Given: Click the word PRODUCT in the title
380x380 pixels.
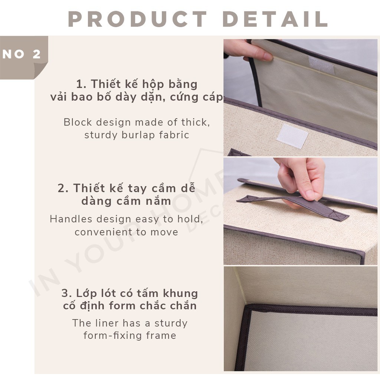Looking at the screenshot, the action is (137, 19).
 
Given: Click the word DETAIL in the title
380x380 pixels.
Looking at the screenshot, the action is (275, 19).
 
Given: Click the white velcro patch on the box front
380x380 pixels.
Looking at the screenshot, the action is (292, 137).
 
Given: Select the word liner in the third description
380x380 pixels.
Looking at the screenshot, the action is (106, 323).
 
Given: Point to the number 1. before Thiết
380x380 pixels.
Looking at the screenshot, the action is (81, 84).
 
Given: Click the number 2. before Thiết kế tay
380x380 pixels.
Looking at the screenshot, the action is (63, 188).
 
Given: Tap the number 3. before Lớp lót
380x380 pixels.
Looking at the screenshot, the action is (66, 293).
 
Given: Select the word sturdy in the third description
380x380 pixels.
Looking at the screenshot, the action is (171, 324).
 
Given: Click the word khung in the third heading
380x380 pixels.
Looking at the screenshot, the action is (180, 293).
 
